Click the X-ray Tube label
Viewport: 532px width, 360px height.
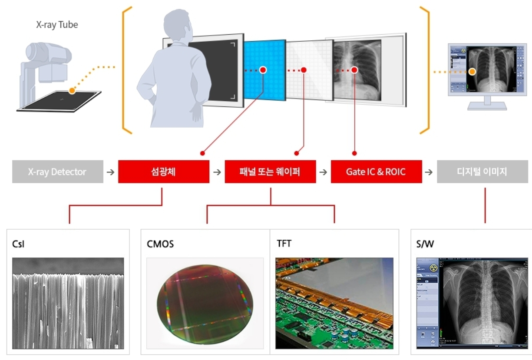[x=57, y=25]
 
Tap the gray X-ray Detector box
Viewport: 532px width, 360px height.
[x=57, y=172]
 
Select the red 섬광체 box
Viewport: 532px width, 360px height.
[x=164, y=172]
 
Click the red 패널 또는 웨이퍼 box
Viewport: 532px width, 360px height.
[x=270, y=172]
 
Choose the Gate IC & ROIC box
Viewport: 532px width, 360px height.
[x=376, y=172]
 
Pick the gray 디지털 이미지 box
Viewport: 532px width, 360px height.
[x=482, y=172]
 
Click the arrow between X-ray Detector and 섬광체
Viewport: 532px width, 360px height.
[x=111, y=172]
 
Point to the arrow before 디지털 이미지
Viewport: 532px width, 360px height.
[x=429, y=172]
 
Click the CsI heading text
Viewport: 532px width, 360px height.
[x=19, y=244]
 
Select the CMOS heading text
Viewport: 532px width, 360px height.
[x=160, y=244]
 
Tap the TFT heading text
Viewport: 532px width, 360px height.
[x=284, y=244]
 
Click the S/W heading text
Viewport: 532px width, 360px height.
[x=425, y=244]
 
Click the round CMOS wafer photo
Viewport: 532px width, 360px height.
[x=205, y=304]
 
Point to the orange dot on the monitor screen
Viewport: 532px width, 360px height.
[x=473, y=71]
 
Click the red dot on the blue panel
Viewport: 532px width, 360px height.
[x=263, y=69]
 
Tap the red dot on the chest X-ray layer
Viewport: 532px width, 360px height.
[x=354, y=69]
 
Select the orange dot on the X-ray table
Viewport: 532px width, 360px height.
[x=72, y=90]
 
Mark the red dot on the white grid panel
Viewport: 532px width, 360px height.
[x=304, y=69]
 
